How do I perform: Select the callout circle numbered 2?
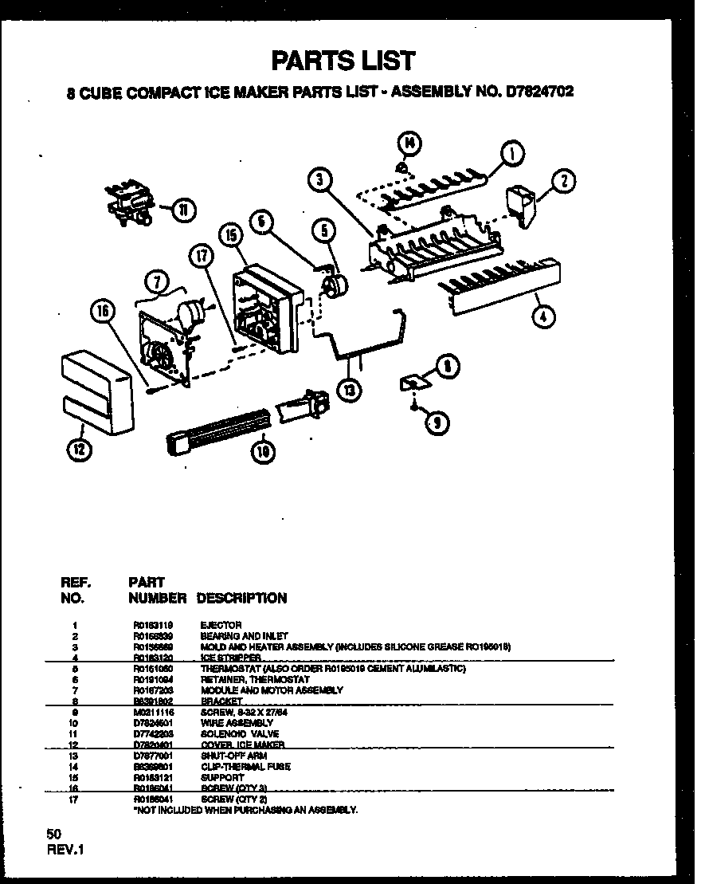(x=563, y=182)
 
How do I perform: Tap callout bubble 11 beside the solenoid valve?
(x=184, y=210)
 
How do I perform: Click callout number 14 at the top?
(x=408, y=143)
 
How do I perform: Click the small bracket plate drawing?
(x=414, y=383)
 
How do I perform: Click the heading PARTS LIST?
(x=343, y=60)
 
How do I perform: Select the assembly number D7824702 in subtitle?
(x=538, y=92)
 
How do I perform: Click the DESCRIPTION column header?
(x=241, y=597)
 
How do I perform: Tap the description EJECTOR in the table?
(x=221, y=625)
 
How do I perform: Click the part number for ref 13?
(x=153, y=755)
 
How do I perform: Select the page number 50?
(x=54, y=833)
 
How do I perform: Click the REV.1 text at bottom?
(x=65, y=850)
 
